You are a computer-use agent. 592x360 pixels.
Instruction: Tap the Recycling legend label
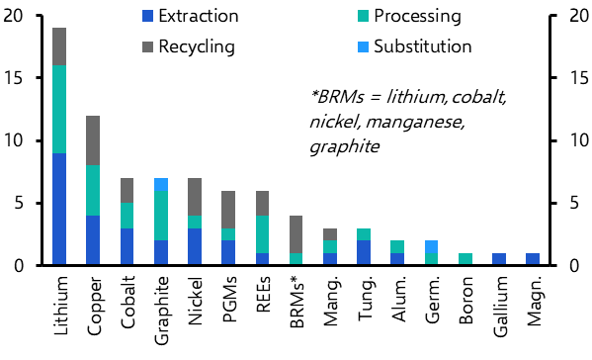point(197,46)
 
